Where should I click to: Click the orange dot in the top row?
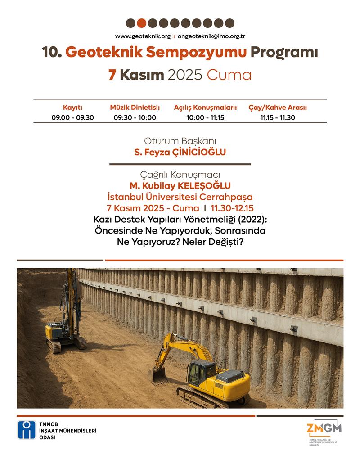coord(141,23)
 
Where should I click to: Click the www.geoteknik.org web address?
coord(143,36)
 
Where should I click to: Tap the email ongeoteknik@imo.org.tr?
coord(211,36)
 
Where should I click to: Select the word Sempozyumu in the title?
coord(209,53)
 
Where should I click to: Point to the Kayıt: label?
coord(72,108)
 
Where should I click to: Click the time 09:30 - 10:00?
coord(135,117)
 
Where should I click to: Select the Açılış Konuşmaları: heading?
coord(205,108)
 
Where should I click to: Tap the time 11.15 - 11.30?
coord(277,117)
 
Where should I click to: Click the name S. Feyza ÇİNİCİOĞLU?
coord(180,153)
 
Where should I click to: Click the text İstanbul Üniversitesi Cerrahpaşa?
coord(180,197)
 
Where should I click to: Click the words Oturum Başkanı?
coord(180,140)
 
